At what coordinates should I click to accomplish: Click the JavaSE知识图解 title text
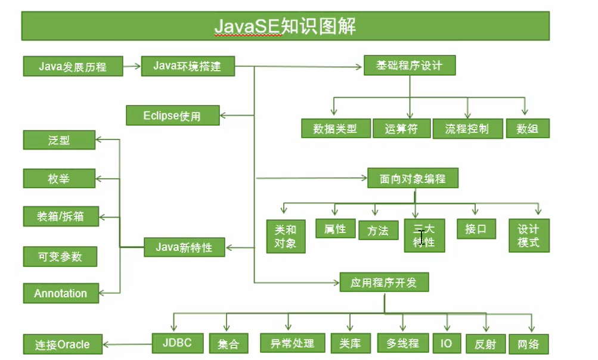pyautogui.click(x=285, y=26)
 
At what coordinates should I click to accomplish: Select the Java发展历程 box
pyautogui.click(x=73, y=66)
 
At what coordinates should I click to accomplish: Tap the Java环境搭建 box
pyautogui.click(x=187, y=66)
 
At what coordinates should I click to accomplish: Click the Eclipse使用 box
pyautogui.click(x=172, y=116)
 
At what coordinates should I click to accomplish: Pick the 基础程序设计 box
pyautogui.click(x=410, y=66)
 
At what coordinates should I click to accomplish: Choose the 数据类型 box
pyautogui.click(x=335, y=128)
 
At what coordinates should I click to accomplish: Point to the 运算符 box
pyautogui.click(x=401, y=128)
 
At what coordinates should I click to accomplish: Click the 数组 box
pyautogui.click(x=528, y=128)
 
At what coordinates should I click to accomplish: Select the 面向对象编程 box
pyautogui.click(x=413, y=178)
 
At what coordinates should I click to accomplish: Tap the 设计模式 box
pyautogui.click(x=528, y=235)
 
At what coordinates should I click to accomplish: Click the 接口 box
pyautogui.click(x=476, y=229)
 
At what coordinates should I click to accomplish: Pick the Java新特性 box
pyautogui.click(x=184, y=247)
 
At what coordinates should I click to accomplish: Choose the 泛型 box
pyautogui.click(x=59, y=140)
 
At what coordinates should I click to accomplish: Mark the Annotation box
pyautogui.click(x=60, y=293)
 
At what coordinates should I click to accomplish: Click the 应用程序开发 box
pyautogui.click(x=384, y=283)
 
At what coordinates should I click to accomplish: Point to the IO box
pyautogui.click(x=446, y=343)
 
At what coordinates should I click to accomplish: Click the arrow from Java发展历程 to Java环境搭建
pyautogui.click(x=132, y=66)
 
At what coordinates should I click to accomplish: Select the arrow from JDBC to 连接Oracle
pyautogui.click(x=127, y=343)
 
